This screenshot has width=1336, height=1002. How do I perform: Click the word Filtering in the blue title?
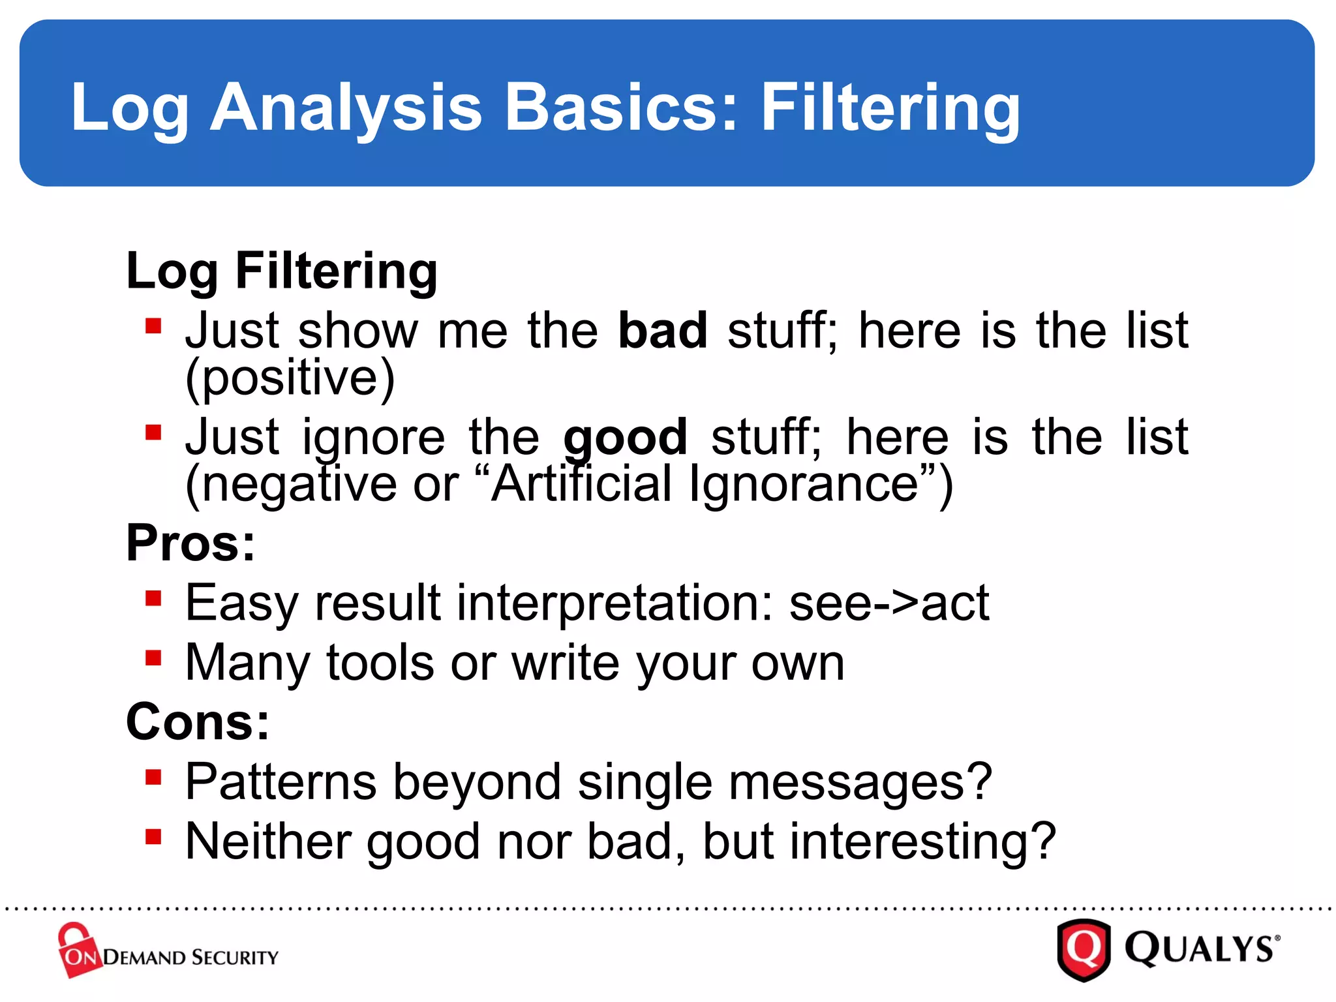click(890, 108)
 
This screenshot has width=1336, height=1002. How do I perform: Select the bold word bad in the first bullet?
click(662, 330)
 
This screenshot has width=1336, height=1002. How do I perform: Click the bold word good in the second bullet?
click(625, 437)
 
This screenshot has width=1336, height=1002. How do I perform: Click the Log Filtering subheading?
click(282, 271)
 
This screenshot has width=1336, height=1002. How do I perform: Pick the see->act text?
click(889, 603)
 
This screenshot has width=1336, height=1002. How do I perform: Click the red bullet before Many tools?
click(153, 658)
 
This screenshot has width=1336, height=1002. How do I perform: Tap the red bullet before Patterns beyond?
click(153, 777)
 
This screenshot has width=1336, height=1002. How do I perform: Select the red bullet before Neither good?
click(153, 836)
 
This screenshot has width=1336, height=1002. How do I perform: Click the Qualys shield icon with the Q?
click(1084, 950)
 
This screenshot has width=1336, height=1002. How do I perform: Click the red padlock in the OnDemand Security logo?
click(77, 949)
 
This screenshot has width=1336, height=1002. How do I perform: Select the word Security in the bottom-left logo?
click(235, 957)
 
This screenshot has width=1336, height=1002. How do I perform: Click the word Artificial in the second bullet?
click(581, 483)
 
